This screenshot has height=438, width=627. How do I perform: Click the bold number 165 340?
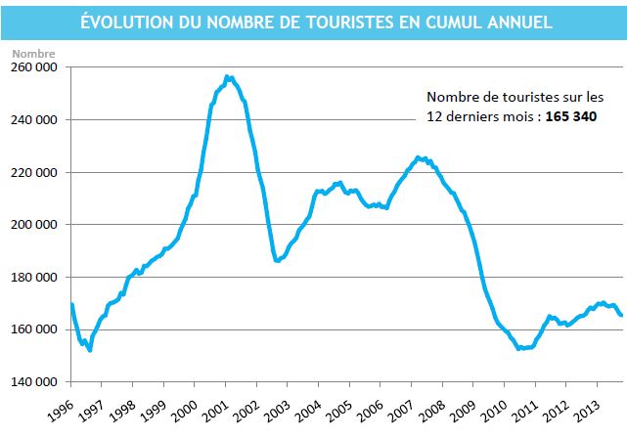tap(562, 115)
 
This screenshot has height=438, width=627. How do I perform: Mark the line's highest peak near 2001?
tap(227, 76)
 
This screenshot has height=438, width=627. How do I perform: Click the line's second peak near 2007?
tap(418, 156)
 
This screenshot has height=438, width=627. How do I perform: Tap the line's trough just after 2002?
tap(278, 261)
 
